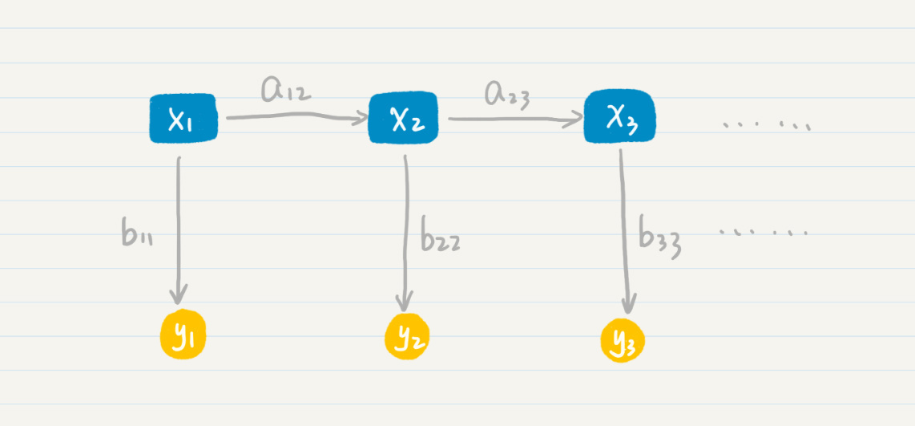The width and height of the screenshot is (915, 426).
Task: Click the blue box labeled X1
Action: click(183, 119)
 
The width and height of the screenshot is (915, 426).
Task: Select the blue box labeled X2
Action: click(403, 117)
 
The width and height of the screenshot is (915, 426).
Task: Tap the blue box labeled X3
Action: click(620, 116)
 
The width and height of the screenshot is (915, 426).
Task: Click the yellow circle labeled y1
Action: click(183, 335)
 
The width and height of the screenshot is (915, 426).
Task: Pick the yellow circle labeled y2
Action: click(407, 338)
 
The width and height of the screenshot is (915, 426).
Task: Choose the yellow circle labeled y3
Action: click(623, 340)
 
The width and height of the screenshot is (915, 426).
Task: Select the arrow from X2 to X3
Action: click(516, 120)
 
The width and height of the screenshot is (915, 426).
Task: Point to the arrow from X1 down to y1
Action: click(179, 230)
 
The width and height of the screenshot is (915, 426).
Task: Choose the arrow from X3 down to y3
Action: click(624, 231)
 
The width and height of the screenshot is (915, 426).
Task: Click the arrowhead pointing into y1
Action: click(179, 294)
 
